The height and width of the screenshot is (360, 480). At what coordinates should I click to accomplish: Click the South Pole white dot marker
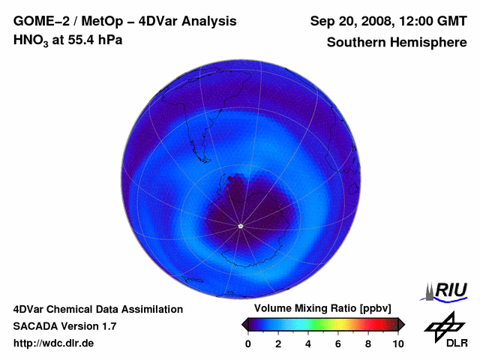[240, 226]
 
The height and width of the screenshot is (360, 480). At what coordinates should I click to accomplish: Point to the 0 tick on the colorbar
[248, 343]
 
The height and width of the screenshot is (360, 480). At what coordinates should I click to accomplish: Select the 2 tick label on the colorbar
[278, 343]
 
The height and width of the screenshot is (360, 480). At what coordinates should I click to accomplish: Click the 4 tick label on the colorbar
[308, 343]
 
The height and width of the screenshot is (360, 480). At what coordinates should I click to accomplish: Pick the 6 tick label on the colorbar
[338, 343]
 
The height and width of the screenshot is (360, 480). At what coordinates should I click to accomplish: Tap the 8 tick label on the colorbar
[368, 343]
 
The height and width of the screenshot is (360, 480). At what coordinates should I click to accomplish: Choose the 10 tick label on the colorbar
[397, 343]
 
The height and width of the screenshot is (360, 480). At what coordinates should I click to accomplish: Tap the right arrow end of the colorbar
[402, 324]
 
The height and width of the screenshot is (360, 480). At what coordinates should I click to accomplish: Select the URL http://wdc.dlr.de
[54, 343]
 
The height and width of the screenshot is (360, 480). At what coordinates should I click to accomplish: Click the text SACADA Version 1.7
[64, 326]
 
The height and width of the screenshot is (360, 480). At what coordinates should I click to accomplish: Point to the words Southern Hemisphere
[397, 42]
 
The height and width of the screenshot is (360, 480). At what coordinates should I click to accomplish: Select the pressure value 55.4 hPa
[95, 40]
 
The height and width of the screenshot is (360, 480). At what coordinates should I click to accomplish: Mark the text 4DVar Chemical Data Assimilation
[97, 309]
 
